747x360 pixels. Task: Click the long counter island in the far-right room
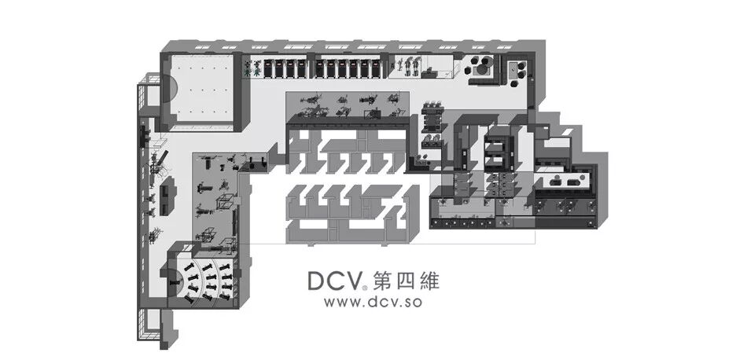point(564,182)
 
